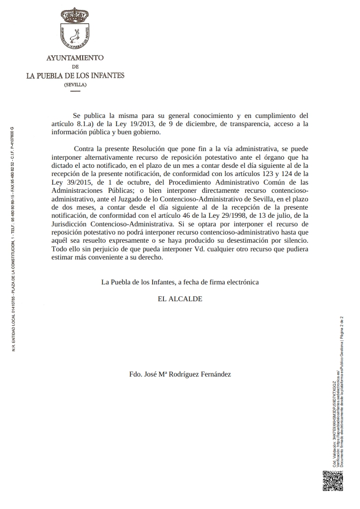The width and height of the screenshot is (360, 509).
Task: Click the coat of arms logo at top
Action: click(75, 29)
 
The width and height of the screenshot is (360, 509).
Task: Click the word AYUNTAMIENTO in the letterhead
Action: click(75, 58)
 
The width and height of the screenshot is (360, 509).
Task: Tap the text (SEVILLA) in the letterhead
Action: click(75, 85)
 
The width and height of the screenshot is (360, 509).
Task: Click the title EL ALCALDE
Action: click(180, 299)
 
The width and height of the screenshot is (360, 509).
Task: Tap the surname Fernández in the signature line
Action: click(213, 374)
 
